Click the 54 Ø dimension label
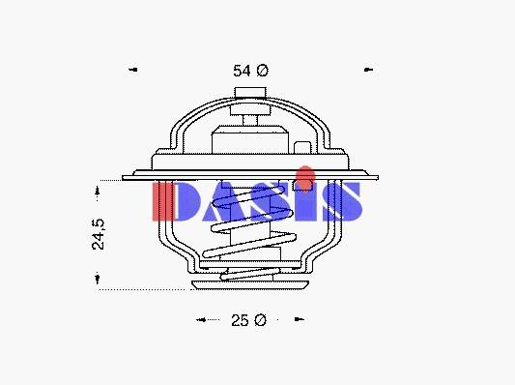pyautogui.click(x=250, y=71)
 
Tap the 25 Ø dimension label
pyautogui.click(x=248, y=320)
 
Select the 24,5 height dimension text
pyautogui.click(x=99, y=234)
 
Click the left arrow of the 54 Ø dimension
pyautogui.click(x=133, y=70)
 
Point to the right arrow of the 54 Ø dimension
pyautogui.click(x=368, y=70)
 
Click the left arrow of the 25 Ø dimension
pyautogui.click(x=201, y=319)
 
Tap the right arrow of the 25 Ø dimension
pyautogui.click(x=299, y=319)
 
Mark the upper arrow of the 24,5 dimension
pyautogui.click(x=97, y=191)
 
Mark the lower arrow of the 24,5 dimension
pyautogui.click(x=97, y=279)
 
